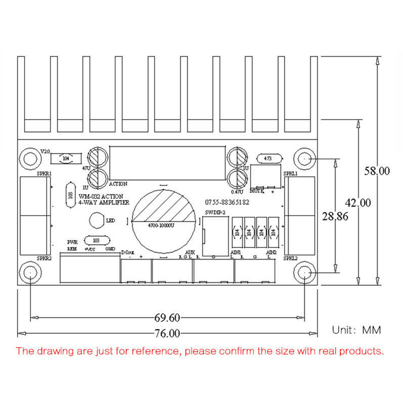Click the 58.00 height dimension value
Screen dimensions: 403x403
click(377, 171)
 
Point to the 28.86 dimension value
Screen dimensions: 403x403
click(335, 217)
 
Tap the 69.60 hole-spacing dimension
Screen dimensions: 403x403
click(167, 318)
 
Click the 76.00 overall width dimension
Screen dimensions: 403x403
click(167, 333)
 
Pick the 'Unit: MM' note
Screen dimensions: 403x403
click(356, 330)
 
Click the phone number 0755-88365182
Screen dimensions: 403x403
click(227, 202)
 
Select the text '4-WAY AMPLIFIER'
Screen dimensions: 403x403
click(104, 203)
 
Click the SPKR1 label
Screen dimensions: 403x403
click(43, 173)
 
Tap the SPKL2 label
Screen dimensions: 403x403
click(290, 258)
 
